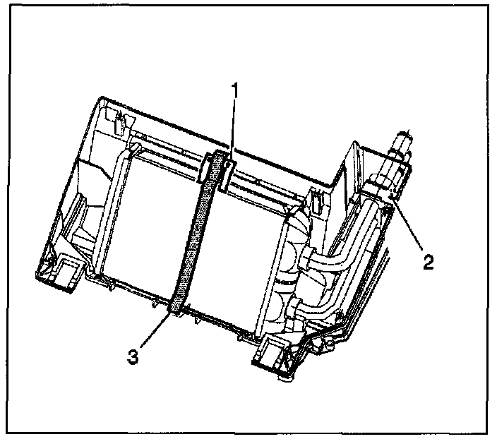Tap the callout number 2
click(429, 262)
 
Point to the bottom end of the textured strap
click(177, 304)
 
